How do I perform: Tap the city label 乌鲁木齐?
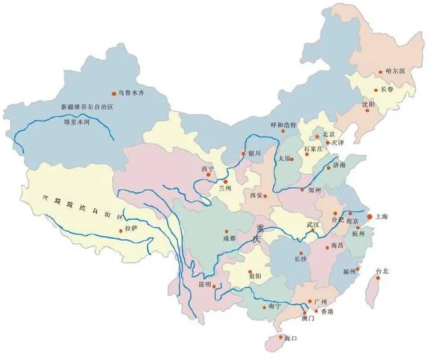coord(131,93)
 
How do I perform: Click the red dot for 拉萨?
coord(121,230)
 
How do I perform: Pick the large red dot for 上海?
coord(370,217)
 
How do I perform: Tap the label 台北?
coord(381,271)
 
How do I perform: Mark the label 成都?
coord(229,239)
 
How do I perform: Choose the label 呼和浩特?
coord(283,125)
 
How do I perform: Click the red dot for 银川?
coord(242,154)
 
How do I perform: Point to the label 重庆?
coord(257,234)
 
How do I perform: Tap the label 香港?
coord(327,312)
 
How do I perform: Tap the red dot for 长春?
coord(376,90)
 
